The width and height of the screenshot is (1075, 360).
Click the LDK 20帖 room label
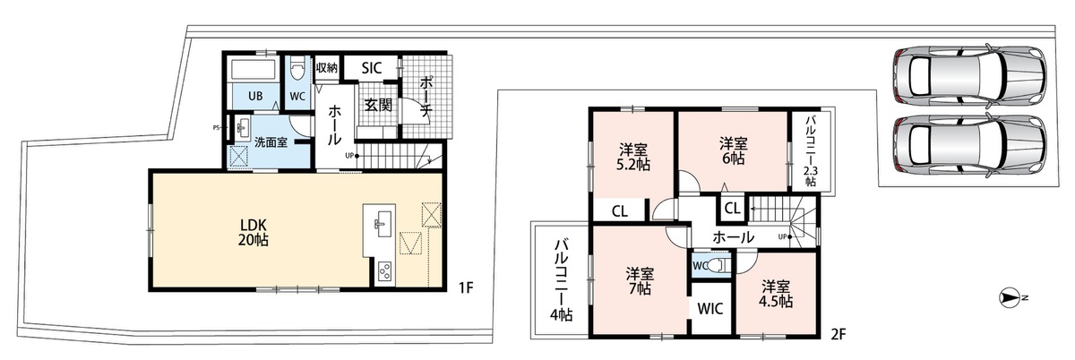[254, 232]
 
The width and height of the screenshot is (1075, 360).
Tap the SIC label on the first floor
[372, 68]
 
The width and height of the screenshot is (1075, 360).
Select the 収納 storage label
[327, 68]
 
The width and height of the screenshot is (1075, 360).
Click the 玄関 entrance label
[378, 105]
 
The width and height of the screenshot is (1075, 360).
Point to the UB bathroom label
[255, 96]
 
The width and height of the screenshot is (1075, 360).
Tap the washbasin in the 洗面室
[241, 127]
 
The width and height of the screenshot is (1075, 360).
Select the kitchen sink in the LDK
[383, 223]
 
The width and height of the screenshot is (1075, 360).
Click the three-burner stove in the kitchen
[385, 272]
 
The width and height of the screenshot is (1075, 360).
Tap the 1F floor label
[466, 288]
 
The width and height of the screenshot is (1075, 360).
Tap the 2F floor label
[838, 334]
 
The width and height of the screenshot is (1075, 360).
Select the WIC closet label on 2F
[710, 309]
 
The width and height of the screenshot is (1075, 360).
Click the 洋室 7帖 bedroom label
[640, 281]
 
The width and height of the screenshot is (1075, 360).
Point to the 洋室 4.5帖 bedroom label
[776, 294]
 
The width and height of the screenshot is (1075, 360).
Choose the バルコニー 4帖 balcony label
[561, 280]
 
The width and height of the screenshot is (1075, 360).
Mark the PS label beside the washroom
[217, 128]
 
